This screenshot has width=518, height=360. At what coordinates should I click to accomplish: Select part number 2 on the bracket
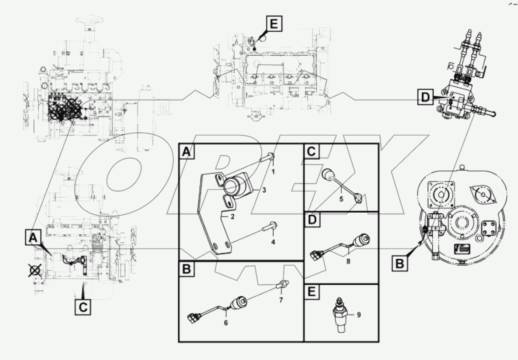coord(232,216)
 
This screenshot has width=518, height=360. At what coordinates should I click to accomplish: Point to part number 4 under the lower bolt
coord(273,242)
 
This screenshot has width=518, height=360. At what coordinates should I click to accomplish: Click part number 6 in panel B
coord(226,323)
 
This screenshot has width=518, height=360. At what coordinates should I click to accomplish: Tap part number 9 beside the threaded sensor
coord(359,315)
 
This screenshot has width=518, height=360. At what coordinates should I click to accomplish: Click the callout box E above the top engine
coord(273,25)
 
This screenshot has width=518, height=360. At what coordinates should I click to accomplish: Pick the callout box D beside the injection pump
coord(425,98)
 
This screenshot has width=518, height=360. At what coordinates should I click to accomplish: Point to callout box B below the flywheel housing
coord(400,263)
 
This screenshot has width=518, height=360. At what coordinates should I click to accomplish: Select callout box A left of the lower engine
coord(33,238)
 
